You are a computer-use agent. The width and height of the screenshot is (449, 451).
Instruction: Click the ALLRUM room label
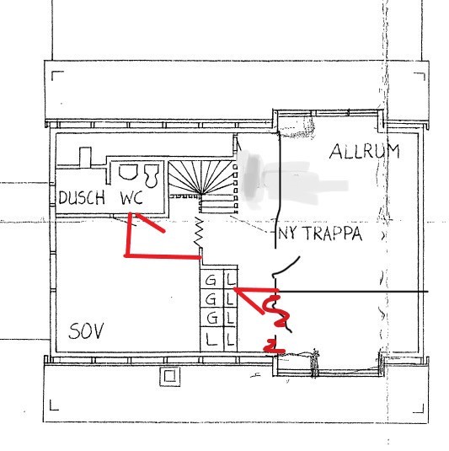point(365,151)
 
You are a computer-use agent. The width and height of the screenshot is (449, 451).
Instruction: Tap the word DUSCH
point(82,197)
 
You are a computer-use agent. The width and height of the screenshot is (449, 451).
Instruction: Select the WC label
point(131,197)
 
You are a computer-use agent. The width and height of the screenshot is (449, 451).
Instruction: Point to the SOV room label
point(86,331)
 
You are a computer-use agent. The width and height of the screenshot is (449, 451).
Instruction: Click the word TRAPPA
point(333,234)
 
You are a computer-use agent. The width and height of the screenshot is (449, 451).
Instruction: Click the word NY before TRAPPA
point(290,234)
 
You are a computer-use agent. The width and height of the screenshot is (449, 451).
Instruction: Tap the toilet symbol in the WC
point(152,174)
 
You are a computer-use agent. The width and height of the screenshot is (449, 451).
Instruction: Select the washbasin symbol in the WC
point(128,172)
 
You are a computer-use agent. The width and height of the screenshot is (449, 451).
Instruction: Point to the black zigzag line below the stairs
point(199,232)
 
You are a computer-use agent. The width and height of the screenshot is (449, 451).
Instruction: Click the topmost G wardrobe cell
point(211,280)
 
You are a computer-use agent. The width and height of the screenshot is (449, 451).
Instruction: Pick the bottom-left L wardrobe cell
point(211,339)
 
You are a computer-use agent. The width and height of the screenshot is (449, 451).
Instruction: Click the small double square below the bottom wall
point(170,376)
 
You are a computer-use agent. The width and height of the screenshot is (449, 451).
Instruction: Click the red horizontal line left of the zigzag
point(163,256)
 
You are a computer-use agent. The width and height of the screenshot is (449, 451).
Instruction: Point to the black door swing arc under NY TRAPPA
point(286,266)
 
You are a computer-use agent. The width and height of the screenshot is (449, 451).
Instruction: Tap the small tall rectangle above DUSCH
point(85,157)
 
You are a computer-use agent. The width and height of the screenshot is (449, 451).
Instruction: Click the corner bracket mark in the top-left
point(57,76)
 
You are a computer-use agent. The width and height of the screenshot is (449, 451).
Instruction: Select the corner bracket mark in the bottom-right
point(419,409)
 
